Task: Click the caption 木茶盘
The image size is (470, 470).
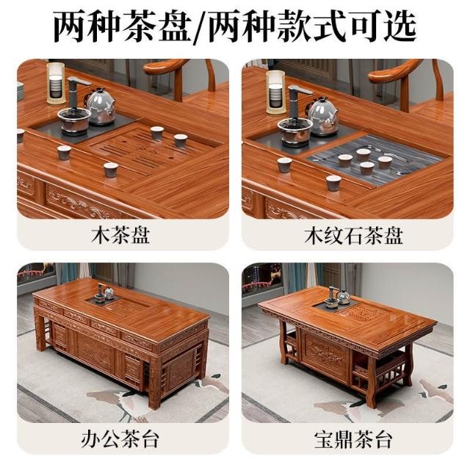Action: tap(120, 235)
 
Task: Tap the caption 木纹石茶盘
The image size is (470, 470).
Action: tap(353, 235)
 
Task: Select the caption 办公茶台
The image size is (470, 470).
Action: tap(120, 440)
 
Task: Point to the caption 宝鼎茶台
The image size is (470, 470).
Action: tap(353, 440)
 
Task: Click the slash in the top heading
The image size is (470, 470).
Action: tap(200, 27)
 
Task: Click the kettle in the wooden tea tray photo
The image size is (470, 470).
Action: tap(100, 106)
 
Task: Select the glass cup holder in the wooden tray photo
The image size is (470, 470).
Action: tap(56, 83)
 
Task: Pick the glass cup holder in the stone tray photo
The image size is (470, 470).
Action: tap(276, 93)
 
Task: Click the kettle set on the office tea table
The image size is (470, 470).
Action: tap(104, 292)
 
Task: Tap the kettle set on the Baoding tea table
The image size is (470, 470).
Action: tap(338, 296)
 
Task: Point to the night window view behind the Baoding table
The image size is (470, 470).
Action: tap(261, 279)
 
